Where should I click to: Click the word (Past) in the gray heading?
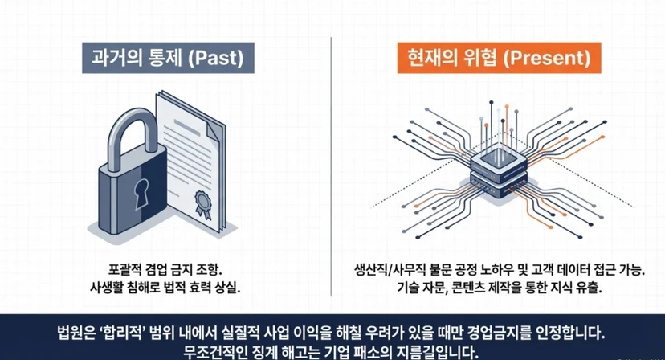click(x=217, y=58)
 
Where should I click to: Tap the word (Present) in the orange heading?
click(x=547, y=58)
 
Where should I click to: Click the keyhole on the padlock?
click(x=141, y=193)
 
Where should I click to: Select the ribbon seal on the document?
click(x=203, y=204)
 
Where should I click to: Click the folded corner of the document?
click(x=211, y=127)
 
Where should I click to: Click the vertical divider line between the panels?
click(x=331, y=166)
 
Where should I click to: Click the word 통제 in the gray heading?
click(x=165, y=58)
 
